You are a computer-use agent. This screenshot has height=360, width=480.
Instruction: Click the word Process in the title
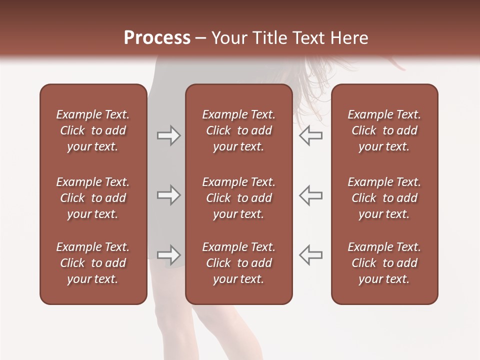(157, 38)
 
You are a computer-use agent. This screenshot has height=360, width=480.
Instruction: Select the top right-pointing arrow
(168, 135)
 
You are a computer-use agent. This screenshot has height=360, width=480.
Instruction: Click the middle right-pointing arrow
(168, 195)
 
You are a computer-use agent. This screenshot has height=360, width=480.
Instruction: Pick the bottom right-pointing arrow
(168, 254)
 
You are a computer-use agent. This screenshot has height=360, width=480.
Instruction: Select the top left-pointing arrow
(310, 135)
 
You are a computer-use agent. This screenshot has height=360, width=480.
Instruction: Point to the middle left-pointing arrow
(310, 195)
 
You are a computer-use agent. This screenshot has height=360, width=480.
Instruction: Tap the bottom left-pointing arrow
(310, 254)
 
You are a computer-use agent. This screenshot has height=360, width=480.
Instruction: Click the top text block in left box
(93, 130)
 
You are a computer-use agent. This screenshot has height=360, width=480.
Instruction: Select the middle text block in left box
(93, 198)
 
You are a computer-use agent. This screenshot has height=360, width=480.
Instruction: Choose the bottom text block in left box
(93, 263)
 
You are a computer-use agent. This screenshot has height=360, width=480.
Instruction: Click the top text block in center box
(238, 130)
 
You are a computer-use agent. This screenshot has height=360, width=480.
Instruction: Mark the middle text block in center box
(238, 198)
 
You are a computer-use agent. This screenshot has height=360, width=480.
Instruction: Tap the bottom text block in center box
(238, 263)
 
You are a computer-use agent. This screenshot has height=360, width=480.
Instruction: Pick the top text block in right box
(384, 130)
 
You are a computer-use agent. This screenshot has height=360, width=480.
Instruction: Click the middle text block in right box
(384, 198)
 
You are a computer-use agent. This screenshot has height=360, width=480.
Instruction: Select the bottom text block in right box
(384, 263)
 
